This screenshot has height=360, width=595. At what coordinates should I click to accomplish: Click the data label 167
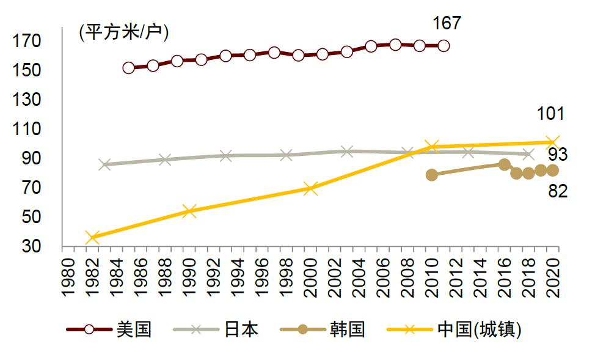pyautogui.click(x=447, y=24)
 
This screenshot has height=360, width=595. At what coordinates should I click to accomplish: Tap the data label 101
pyautogui.click(x=550, y=114)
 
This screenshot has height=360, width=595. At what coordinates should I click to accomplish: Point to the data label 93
pyautogui.click(x=557, y=155)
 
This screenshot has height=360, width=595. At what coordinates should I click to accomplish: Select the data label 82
pyautogui.click(x=557, y=191)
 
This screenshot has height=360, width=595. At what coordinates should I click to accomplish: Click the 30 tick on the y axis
pyautogui.click(x=32, y=246)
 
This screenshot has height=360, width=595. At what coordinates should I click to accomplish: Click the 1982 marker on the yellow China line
pyautogui.click(x=92, y=237)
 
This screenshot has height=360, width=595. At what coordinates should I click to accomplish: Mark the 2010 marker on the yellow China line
pyautogui.click(x=432, y=146)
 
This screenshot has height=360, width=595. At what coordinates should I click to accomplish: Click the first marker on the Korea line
pyautogui.click(x=432, y=175)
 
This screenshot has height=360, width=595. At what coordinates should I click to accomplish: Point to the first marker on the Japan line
pyautogui.click(x=104, y=164)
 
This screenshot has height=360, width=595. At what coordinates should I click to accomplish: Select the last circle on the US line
pyautogui.click(x=444, y=46)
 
